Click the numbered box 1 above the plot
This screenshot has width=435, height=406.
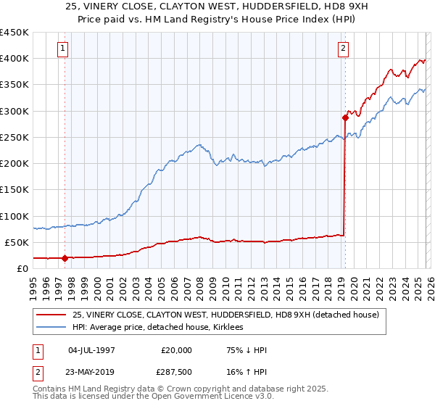[64, 49]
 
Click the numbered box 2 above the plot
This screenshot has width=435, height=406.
[343, 49]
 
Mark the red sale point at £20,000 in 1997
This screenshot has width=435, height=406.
[65, 257]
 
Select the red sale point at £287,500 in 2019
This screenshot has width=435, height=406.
[345, 117]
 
